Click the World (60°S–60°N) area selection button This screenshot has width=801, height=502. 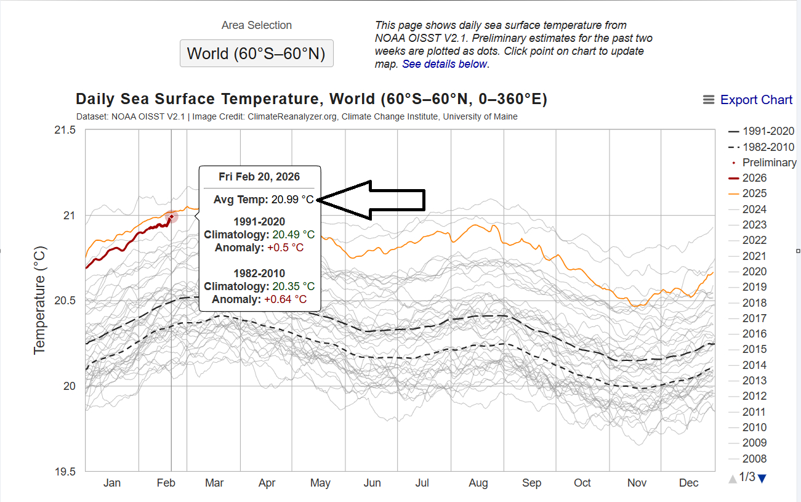[x=256, y=54]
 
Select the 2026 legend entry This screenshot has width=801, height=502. [x=754, y=178]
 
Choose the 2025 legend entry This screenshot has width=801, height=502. [x=754, y=193]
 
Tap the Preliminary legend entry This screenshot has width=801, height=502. [x=769, y=163]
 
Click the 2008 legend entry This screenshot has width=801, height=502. [x=754, y=458]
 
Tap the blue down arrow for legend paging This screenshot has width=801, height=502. [x=762, y=478]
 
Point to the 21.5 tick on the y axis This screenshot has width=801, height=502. [x=65, y=130]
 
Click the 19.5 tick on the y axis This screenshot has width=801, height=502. [x=65, y=472]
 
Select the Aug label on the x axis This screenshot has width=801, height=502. [x=478, y=483]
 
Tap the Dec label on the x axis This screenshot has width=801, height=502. [x=688, y=483]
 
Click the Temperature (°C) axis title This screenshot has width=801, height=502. [x=40, y=301]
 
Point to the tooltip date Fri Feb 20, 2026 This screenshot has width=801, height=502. [x=259, y=177]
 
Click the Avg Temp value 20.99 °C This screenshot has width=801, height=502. [x=292, y=199]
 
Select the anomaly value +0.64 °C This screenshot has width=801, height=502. [x=285, y=299]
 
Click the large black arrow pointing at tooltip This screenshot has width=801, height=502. [x=376, y=200]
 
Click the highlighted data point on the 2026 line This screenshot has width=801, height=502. [x=172, y=216]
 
